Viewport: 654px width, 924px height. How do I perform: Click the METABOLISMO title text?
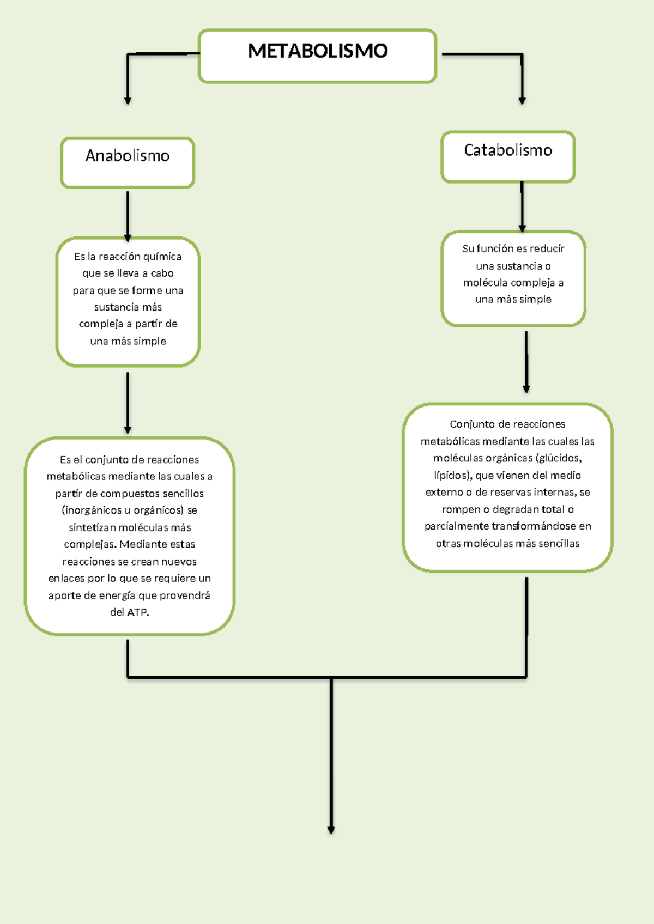317,51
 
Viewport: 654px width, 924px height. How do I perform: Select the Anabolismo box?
128,162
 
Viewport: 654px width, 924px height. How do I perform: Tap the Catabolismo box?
508,156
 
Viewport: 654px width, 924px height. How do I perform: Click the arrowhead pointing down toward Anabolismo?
128,100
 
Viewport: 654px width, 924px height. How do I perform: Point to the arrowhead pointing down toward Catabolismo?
522,100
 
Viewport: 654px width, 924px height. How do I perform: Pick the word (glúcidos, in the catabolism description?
559,458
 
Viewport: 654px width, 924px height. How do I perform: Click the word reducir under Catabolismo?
547,248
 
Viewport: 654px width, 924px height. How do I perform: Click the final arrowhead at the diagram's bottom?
331,830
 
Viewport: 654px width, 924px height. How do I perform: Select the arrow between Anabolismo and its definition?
128,215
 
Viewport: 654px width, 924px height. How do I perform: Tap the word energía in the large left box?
117,595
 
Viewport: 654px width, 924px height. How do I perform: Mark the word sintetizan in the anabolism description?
92,527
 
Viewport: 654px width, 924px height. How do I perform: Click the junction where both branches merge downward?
331,678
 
